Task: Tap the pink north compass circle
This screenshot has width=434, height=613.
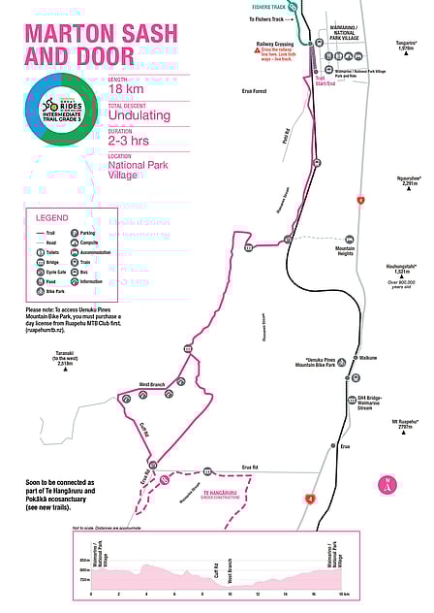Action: [387, 483]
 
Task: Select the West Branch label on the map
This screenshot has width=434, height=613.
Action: [153, 385]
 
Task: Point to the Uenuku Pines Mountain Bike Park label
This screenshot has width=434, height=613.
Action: [315, 365]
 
